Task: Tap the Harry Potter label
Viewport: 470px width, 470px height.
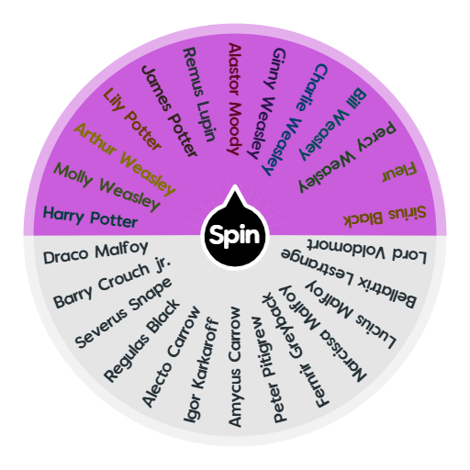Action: pos(90,218)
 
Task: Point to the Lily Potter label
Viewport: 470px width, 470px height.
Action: pos(133,117)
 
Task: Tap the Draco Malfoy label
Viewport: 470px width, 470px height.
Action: pos(95,252)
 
